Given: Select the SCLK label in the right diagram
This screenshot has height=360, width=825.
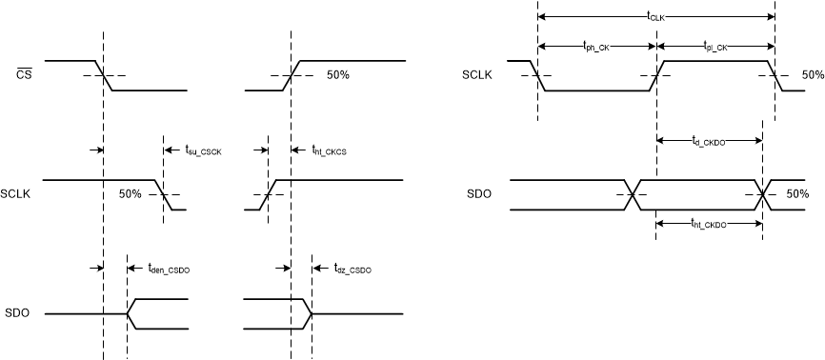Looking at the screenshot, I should [476, 75].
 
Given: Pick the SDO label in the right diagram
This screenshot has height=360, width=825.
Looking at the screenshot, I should [479, 194].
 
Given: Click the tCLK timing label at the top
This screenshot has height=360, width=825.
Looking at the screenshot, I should [655, 16].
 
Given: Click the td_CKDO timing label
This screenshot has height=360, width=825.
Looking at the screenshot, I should [709, 141].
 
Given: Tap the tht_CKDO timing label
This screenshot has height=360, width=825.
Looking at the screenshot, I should [709, 224].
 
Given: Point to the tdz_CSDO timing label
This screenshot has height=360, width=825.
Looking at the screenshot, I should [353, 270].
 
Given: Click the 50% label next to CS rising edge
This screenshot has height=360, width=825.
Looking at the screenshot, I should [338, 75].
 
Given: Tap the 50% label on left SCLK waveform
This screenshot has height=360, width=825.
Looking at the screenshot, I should [131, 193].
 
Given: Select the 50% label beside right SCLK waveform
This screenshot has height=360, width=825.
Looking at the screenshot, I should [813, 75].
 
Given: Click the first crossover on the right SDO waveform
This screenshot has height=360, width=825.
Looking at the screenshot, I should [634, 194].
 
